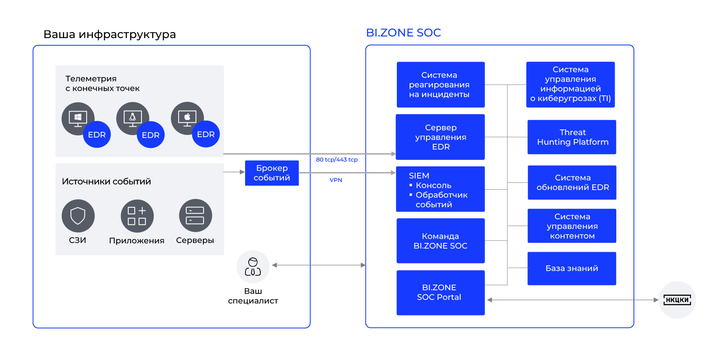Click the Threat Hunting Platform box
pos(571,137)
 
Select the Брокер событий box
pos(272,173)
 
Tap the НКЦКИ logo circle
pos(677,300)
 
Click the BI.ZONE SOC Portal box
pos(440,293)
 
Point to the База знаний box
pos(571,268)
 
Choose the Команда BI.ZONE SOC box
pos(440,241)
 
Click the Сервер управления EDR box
pos(440,137)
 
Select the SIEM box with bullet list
pos(440,189)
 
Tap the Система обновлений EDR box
pos(572,182)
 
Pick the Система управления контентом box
pos(572,226)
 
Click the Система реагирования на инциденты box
pos(440,85)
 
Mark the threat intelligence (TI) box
pos(570,85)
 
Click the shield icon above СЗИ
pos(78,216)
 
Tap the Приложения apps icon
pos(137,216)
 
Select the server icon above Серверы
pos(195,215)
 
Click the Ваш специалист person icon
pos(253,267)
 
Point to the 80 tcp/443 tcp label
pos(337,160)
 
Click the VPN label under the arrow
pos(336,180)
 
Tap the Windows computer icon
pos(78,118)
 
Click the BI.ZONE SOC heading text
pos(403,33)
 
